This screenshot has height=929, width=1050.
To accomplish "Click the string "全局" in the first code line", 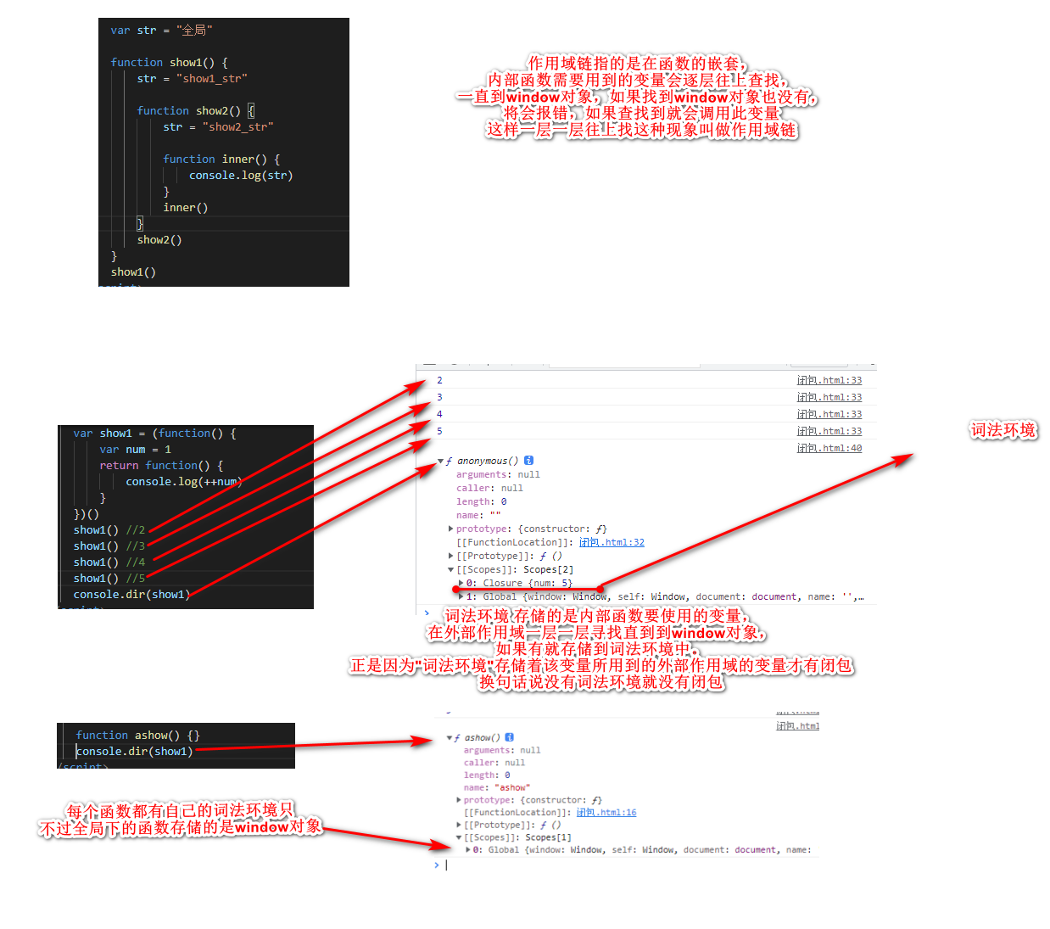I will [194, 31].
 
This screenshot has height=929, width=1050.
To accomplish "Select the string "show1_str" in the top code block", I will [211, 79].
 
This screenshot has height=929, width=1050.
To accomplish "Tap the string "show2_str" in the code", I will [237, 127].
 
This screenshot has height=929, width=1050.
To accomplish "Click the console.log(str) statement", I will [241, 176].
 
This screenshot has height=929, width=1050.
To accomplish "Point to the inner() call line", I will [185, 208].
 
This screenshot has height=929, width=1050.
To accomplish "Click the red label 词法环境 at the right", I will [1003, 430].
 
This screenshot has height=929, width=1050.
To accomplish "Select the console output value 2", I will [439, 381].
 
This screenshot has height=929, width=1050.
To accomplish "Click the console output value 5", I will [439, 432].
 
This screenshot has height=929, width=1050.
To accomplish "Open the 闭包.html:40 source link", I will [829, 449].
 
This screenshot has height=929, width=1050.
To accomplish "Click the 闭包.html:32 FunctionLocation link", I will [612, 543].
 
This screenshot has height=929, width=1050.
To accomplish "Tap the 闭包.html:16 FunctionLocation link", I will [606, 813].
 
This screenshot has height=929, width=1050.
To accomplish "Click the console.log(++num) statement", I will [183, 482].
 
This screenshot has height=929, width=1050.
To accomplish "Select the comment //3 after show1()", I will [136, 546].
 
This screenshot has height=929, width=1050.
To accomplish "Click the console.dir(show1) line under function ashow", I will [134, 752].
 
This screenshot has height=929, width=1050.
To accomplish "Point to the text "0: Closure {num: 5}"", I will [519, 584].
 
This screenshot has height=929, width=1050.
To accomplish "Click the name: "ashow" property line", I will [496, 788].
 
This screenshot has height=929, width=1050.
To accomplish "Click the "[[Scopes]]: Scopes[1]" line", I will [517, 837].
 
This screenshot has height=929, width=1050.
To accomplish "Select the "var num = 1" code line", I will [135, 450].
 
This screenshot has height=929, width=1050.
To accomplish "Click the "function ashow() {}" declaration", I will [137, 736].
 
